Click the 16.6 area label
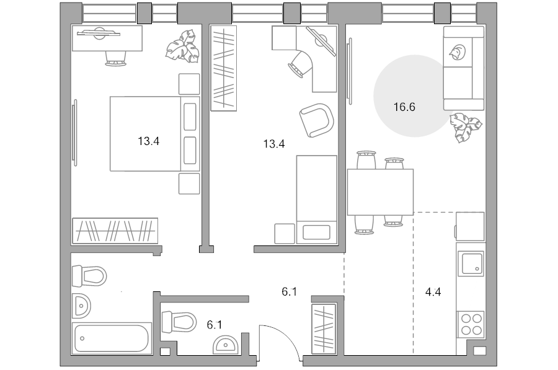pyautogui.click(x=404, y=107)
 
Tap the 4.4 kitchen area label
pyautogui.click(x=433, y=292)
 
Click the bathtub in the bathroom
pyautogui.click(x=112, y=338)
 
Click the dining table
pyautogui.click(x=380, y=192)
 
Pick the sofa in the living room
pyautogui.click(x=464, y=68)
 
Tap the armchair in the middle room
pyautogui.click(x=316, y=120)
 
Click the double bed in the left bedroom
pyautogui.click(x=154, y=134)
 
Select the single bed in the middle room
pyautogui.click(x=317, y=200)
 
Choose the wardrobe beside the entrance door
pyautogui.click(x=324, y=329)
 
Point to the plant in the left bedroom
pyautogui.click(x=182, y=46)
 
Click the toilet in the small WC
pyautogui.click(x=179, y=322)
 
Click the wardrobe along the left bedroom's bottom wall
pyautogui.click(x=115, y=231)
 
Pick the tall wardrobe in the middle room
pyautogui.click(x=223, y=68)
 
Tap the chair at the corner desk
pyautogui.click(x=300, y=63)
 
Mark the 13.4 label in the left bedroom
pyautogui.click(x=149, y=141)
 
